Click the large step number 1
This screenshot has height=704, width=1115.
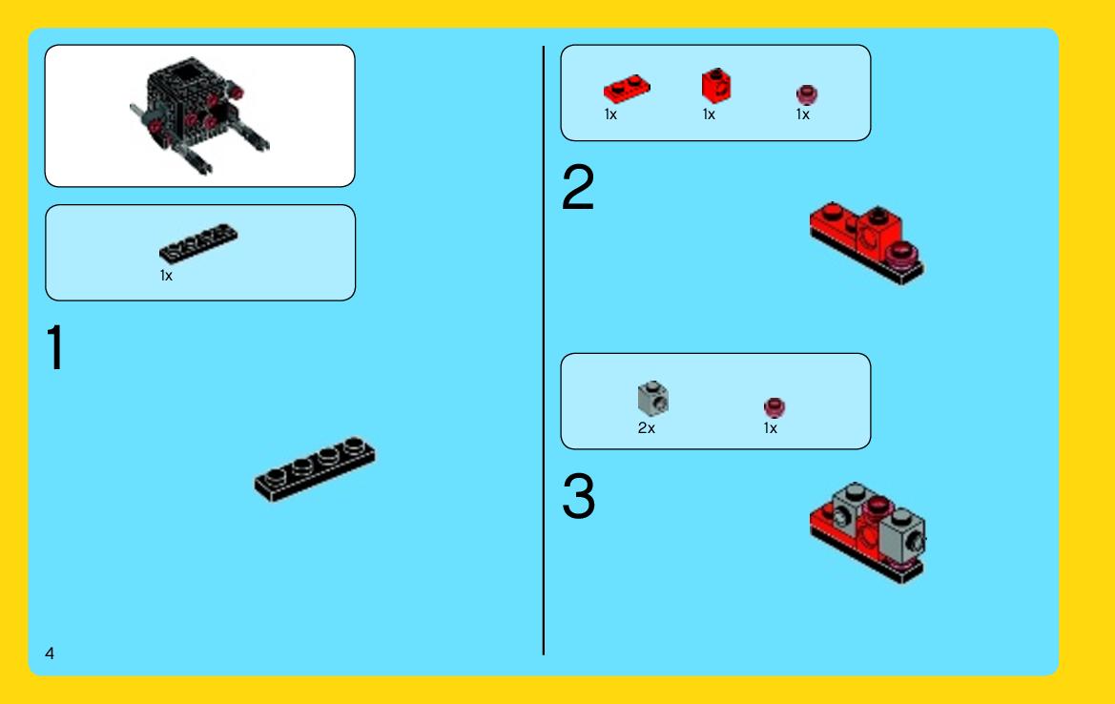click(54, 347)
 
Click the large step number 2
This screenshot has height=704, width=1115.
click(577, 187)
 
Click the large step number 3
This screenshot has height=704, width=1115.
click(578, 496)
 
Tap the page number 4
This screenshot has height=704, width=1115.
click(49, 652)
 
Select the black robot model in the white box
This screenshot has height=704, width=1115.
click(198, 114)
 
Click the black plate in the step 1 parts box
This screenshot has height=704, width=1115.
click(198, 243)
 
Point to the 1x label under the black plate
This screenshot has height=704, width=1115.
click(166, 275)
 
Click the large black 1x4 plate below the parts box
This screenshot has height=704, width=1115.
click(315, 468)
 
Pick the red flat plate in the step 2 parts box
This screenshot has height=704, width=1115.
click(627, 89)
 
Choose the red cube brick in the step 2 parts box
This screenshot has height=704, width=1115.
click(716, 86)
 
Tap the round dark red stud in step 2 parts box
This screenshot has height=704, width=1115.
click(806, 94)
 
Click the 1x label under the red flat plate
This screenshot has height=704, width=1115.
click(610, 114)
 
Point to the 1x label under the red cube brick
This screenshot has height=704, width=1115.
click(709, 114)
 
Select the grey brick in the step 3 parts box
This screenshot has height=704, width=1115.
click(652, 398)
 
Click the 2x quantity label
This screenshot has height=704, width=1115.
click(647, 428)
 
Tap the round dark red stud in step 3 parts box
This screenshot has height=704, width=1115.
click(774, 407)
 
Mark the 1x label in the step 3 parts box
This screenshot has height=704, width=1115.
click(770, 428)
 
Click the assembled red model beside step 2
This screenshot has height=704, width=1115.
click(867, 242)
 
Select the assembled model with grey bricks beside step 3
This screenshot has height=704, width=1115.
click(868, 532)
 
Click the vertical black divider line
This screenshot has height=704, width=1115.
click(544, 351)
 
